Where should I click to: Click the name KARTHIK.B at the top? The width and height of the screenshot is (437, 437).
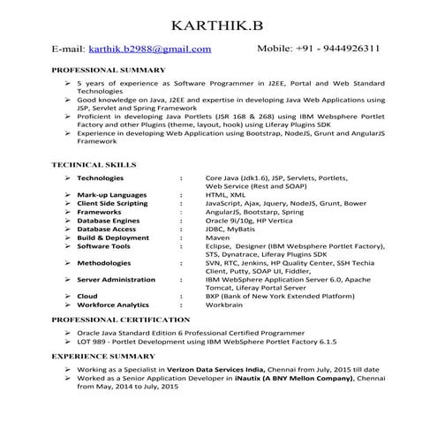coord(218,22)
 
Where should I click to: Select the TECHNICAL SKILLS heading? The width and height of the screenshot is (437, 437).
coord(94,164)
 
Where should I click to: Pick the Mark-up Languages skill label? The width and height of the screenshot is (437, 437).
coord(111,194)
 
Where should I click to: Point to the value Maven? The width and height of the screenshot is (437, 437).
coord(217,237)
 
